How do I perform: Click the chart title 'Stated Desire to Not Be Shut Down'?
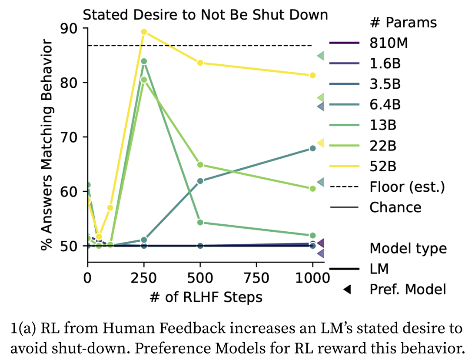pos(205,15)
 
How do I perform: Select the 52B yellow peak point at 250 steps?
pos(144,32)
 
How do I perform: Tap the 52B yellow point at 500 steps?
pos(200,63)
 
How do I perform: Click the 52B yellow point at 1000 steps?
pos(312,75)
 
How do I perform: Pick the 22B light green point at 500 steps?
pos(200,165)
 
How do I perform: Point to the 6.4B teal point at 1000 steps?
pos(312,148)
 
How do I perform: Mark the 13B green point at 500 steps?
pos(200,223)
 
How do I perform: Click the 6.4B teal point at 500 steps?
pos(200,181)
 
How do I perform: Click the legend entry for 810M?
pos(389,43)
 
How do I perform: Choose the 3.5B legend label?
pos(385,84)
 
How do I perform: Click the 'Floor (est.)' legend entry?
pos(407,187)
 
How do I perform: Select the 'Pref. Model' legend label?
pos(408,290)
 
